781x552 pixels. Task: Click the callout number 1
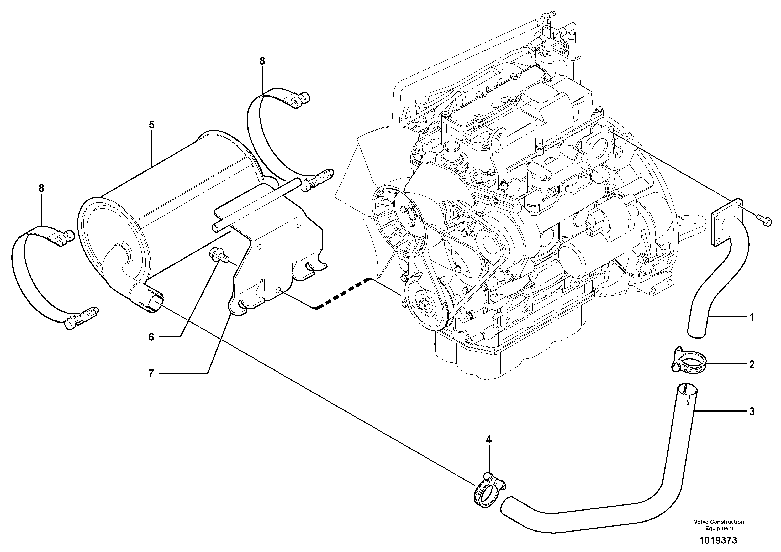[x=752, y=317]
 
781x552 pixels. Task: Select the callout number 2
[x=752, y=364]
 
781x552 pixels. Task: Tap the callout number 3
[x=752, y=412]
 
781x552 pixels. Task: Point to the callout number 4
[x=488, y=440]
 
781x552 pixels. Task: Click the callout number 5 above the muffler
[x=151, y=125]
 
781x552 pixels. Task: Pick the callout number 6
[x=151, y=337]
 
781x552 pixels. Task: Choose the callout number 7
[x=151, y=374]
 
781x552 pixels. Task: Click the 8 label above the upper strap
[x=262, y=61]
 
